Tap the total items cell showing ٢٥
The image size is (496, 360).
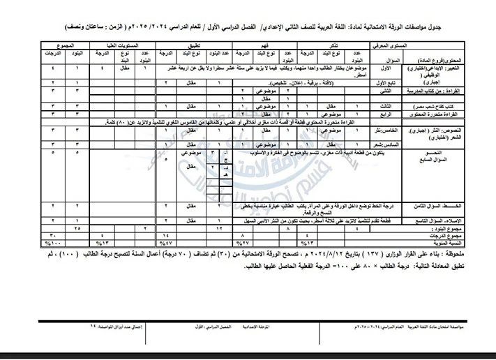tap(75, 228)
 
